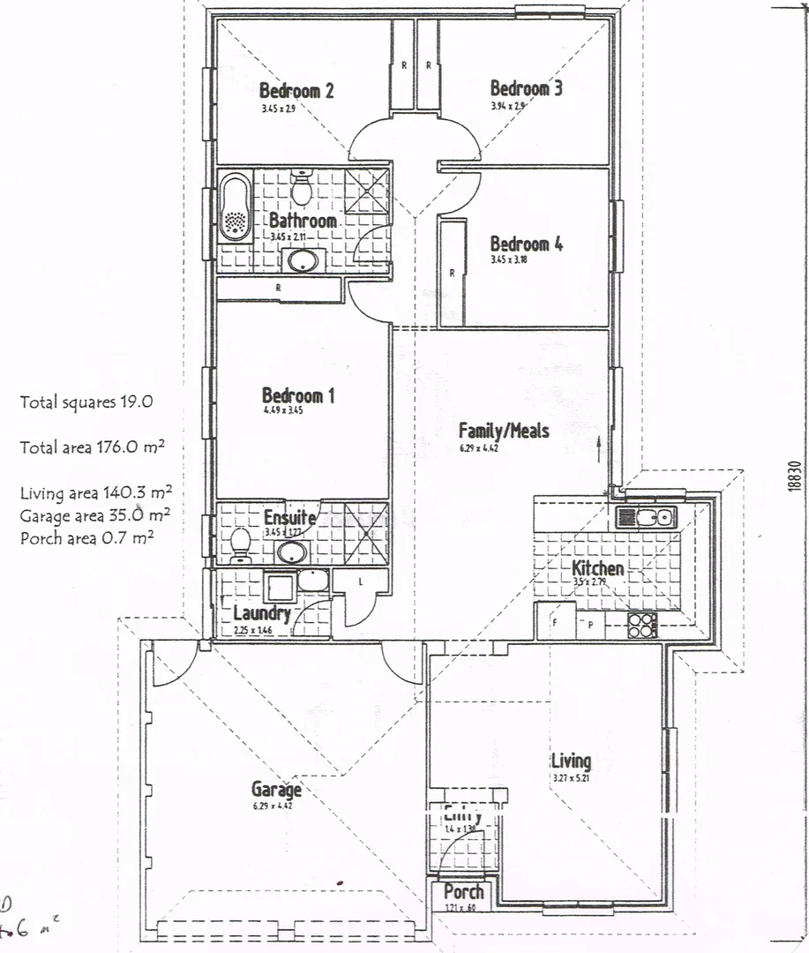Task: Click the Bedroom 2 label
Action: click(296, 90)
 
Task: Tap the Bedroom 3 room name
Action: click(526, 88)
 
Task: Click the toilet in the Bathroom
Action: click(302, 188)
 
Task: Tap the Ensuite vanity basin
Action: click(292, 552)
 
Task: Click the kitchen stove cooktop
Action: click(641, 625)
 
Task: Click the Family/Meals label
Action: click(504, 431)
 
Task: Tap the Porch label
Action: click(463, 892)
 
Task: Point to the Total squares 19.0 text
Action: click(86, 402)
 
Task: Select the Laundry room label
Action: click(262, 613)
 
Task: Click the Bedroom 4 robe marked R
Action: click(452, 273)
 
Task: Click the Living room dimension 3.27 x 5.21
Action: click(570, 778)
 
